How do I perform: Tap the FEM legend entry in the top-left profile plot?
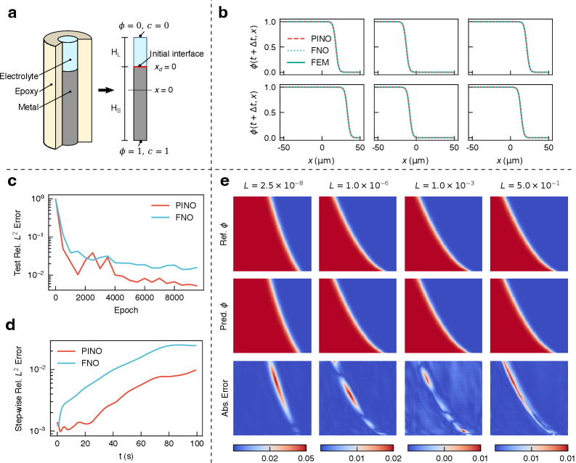click(x=320, y=63)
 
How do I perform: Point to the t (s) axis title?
click(x=124, y=455)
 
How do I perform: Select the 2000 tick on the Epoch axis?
click(x=86, y=298)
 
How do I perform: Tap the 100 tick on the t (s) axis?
click(x=195, y=443)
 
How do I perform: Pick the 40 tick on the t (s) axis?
click(x=113, y=443)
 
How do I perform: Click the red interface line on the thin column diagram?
click(x=139, y=67)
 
